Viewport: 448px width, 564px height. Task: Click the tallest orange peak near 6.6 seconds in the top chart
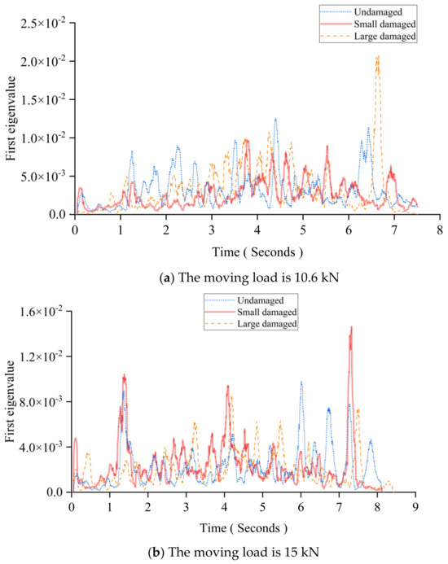pos(377,56)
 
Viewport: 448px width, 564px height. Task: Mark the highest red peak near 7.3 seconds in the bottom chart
pos(351,327)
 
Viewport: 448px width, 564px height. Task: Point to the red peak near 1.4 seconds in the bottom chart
pos(125,375)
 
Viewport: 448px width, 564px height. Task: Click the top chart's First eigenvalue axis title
pos(12,118)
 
